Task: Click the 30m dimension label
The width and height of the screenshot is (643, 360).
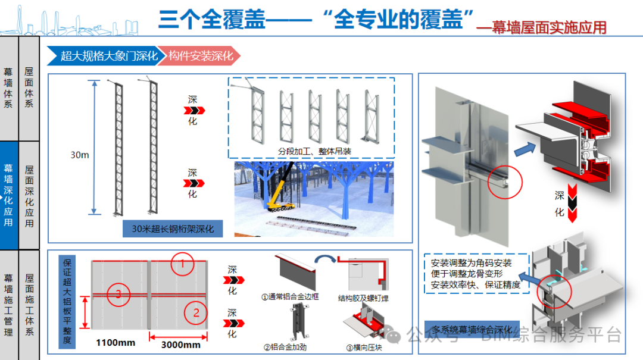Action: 80,155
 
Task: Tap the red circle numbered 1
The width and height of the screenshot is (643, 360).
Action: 183,263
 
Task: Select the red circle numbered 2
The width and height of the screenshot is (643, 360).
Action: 195,310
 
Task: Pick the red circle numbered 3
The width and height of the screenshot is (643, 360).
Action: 118,293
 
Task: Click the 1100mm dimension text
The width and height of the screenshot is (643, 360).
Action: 116,343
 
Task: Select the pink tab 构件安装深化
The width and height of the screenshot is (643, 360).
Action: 200,56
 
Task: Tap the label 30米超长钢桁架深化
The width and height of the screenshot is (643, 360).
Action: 173,228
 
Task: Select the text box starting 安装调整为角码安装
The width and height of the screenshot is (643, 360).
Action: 471,274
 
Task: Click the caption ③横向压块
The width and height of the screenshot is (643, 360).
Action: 366,347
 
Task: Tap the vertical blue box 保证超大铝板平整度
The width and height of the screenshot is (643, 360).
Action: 67,300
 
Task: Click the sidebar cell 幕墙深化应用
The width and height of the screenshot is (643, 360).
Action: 9,195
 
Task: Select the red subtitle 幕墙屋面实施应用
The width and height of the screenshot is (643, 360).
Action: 549,27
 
